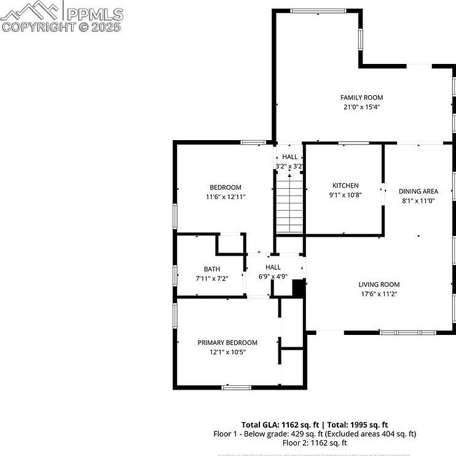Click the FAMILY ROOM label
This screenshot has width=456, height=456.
tap(361, 97)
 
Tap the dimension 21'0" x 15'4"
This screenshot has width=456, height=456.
tap(361, 106)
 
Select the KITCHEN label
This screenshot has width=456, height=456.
tap(345, 186)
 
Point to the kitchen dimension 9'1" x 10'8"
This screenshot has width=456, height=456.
tap(345, 195)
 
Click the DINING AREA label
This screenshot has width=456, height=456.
tap(418, 191)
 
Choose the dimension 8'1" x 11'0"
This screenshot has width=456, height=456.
tap(418, 200)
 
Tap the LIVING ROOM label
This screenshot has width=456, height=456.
tap(379, 285)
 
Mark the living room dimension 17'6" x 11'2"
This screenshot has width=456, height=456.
tap(379, 294)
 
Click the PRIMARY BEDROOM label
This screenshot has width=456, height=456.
tap(227, 342)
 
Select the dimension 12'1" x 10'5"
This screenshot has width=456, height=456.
tap(227, 352)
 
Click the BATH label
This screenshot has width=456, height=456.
tap(211, 269)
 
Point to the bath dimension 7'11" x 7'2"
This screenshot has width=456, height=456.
tap(211, 278)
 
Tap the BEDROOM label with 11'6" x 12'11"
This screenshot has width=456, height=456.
tap(225, 187)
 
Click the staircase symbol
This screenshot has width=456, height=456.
tap(289, 203)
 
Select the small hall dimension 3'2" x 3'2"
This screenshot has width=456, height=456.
tap(289, 166)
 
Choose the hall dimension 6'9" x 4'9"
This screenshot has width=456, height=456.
tap(273, 277)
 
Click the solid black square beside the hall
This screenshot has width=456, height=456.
tap(299, 288)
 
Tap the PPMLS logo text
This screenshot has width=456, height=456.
tap(95, 14)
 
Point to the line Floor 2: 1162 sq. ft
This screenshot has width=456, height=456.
tap(314, 442)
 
